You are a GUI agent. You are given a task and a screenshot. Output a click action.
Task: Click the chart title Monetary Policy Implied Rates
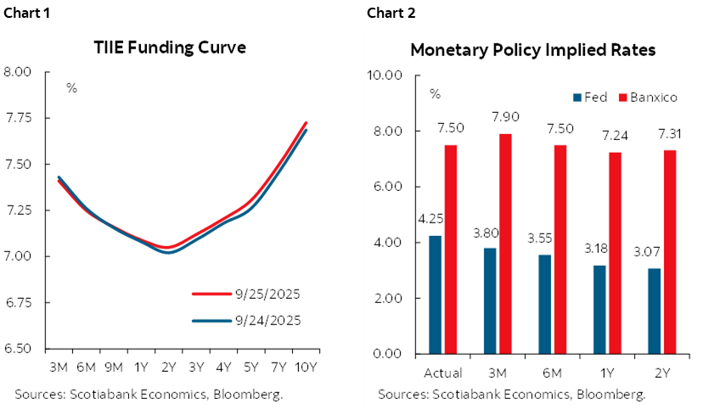click(x=532, y=50)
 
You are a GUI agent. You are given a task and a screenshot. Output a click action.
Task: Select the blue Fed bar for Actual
click(x=435, y=295)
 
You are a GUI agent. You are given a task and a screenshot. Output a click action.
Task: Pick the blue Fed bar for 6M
click(x=545, y=304)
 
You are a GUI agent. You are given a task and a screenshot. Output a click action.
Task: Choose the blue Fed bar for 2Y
click(x=655, y=311)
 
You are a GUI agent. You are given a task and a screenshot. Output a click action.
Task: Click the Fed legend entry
click(x=590, y=97)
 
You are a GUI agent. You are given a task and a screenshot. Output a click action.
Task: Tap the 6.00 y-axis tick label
click(x=387, y=187)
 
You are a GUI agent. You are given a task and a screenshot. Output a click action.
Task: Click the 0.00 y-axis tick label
click(x=387, y=354)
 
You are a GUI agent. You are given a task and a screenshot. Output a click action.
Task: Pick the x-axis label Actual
click(x=442, y=373)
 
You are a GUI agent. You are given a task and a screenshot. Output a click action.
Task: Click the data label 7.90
click(x=505, y=116)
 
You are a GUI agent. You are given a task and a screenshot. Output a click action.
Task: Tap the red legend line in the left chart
click(x=212, y=294)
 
